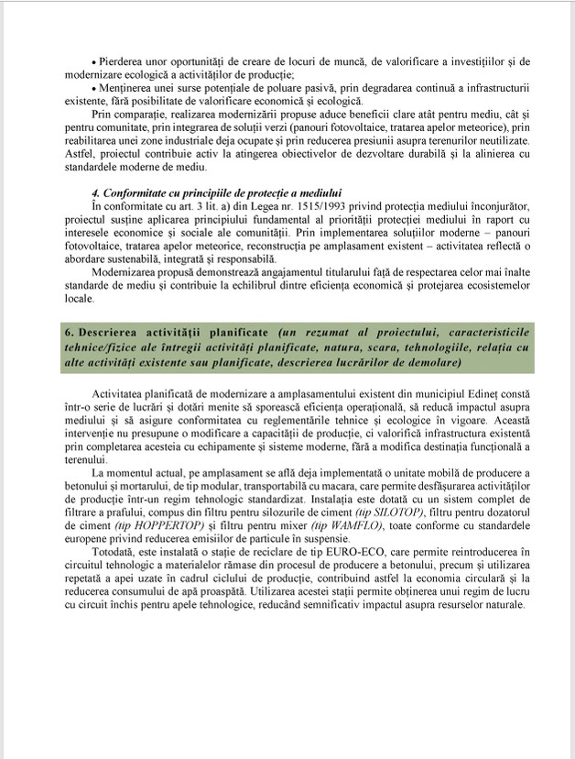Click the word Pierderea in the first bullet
pyautogui.click(x=122, y=61)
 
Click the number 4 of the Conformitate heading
pyautogui.click(x=95, y=193)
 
